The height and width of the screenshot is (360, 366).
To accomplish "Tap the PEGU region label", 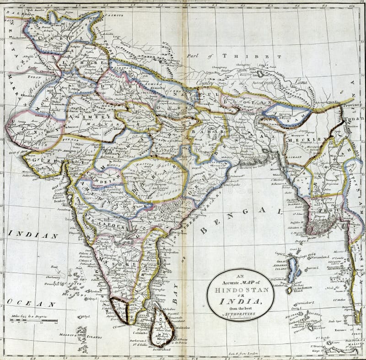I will [325, 205].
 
